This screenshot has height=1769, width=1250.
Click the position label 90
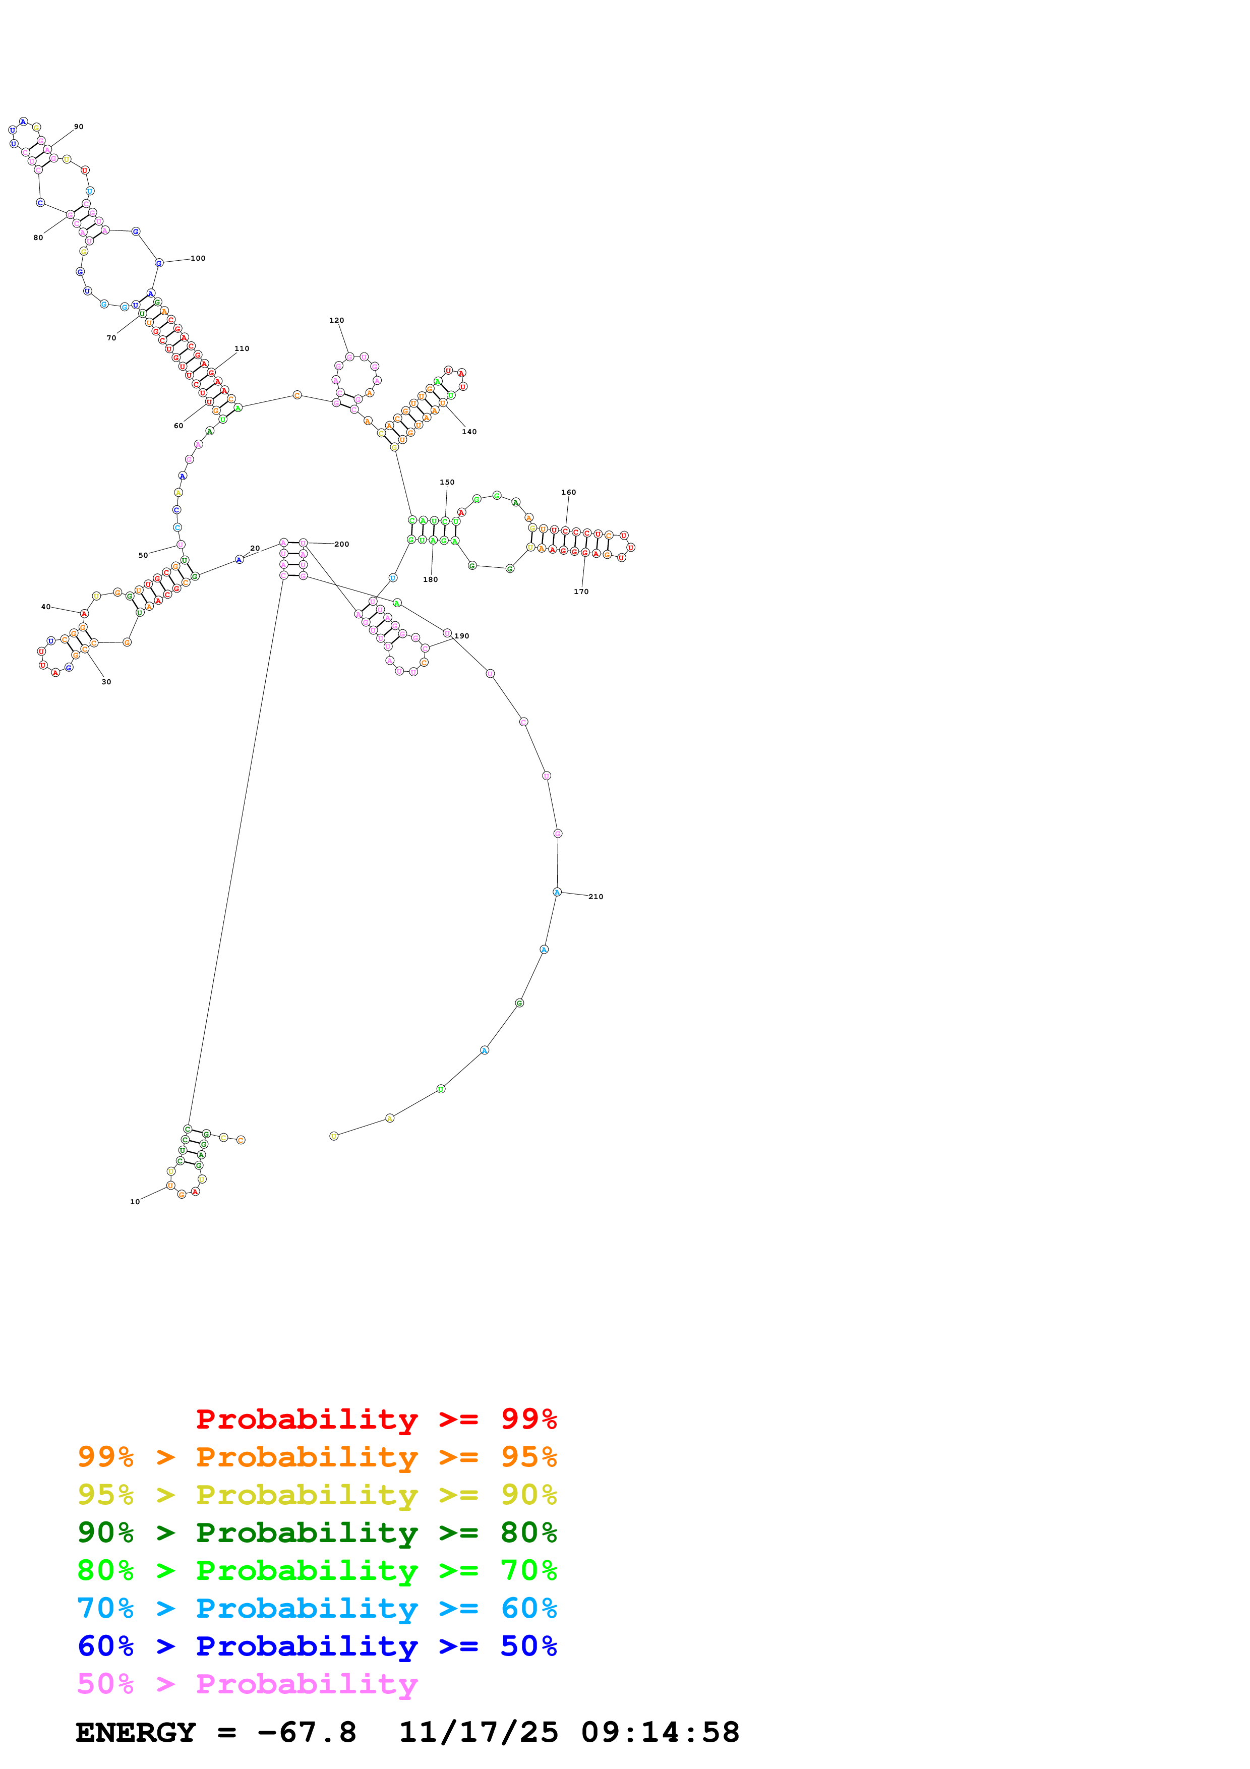(x=79, y=127)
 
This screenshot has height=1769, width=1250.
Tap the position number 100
(x=198, y=259)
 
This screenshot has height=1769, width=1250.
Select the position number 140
(x=469, y=432)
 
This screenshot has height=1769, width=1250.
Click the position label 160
(x=568, y=492)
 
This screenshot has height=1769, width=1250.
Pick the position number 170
(x=581, y=592)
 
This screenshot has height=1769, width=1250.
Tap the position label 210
(x=596, y=897)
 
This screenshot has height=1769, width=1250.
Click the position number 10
(x=135, y=1202)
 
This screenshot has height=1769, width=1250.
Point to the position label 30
(x=106, y=682)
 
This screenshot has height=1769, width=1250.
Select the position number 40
(x=46, y=607)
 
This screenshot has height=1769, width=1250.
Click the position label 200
(x=342, y=545)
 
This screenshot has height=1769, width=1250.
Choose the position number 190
(x=462, y=636)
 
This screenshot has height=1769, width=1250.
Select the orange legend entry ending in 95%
(x=317, y=1457)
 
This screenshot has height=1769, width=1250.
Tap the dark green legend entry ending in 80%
(x=317, y=1532)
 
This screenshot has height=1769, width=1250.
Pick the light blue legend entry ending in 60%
(x=317, y=1608)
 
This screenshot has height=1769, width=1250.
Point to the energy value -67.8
(x=307, y=1733)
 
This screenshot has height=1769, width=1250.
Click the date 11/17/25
(x=479, y=1733)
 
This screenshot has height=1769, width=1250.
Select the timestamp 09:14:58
(x=660, y=1733)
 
